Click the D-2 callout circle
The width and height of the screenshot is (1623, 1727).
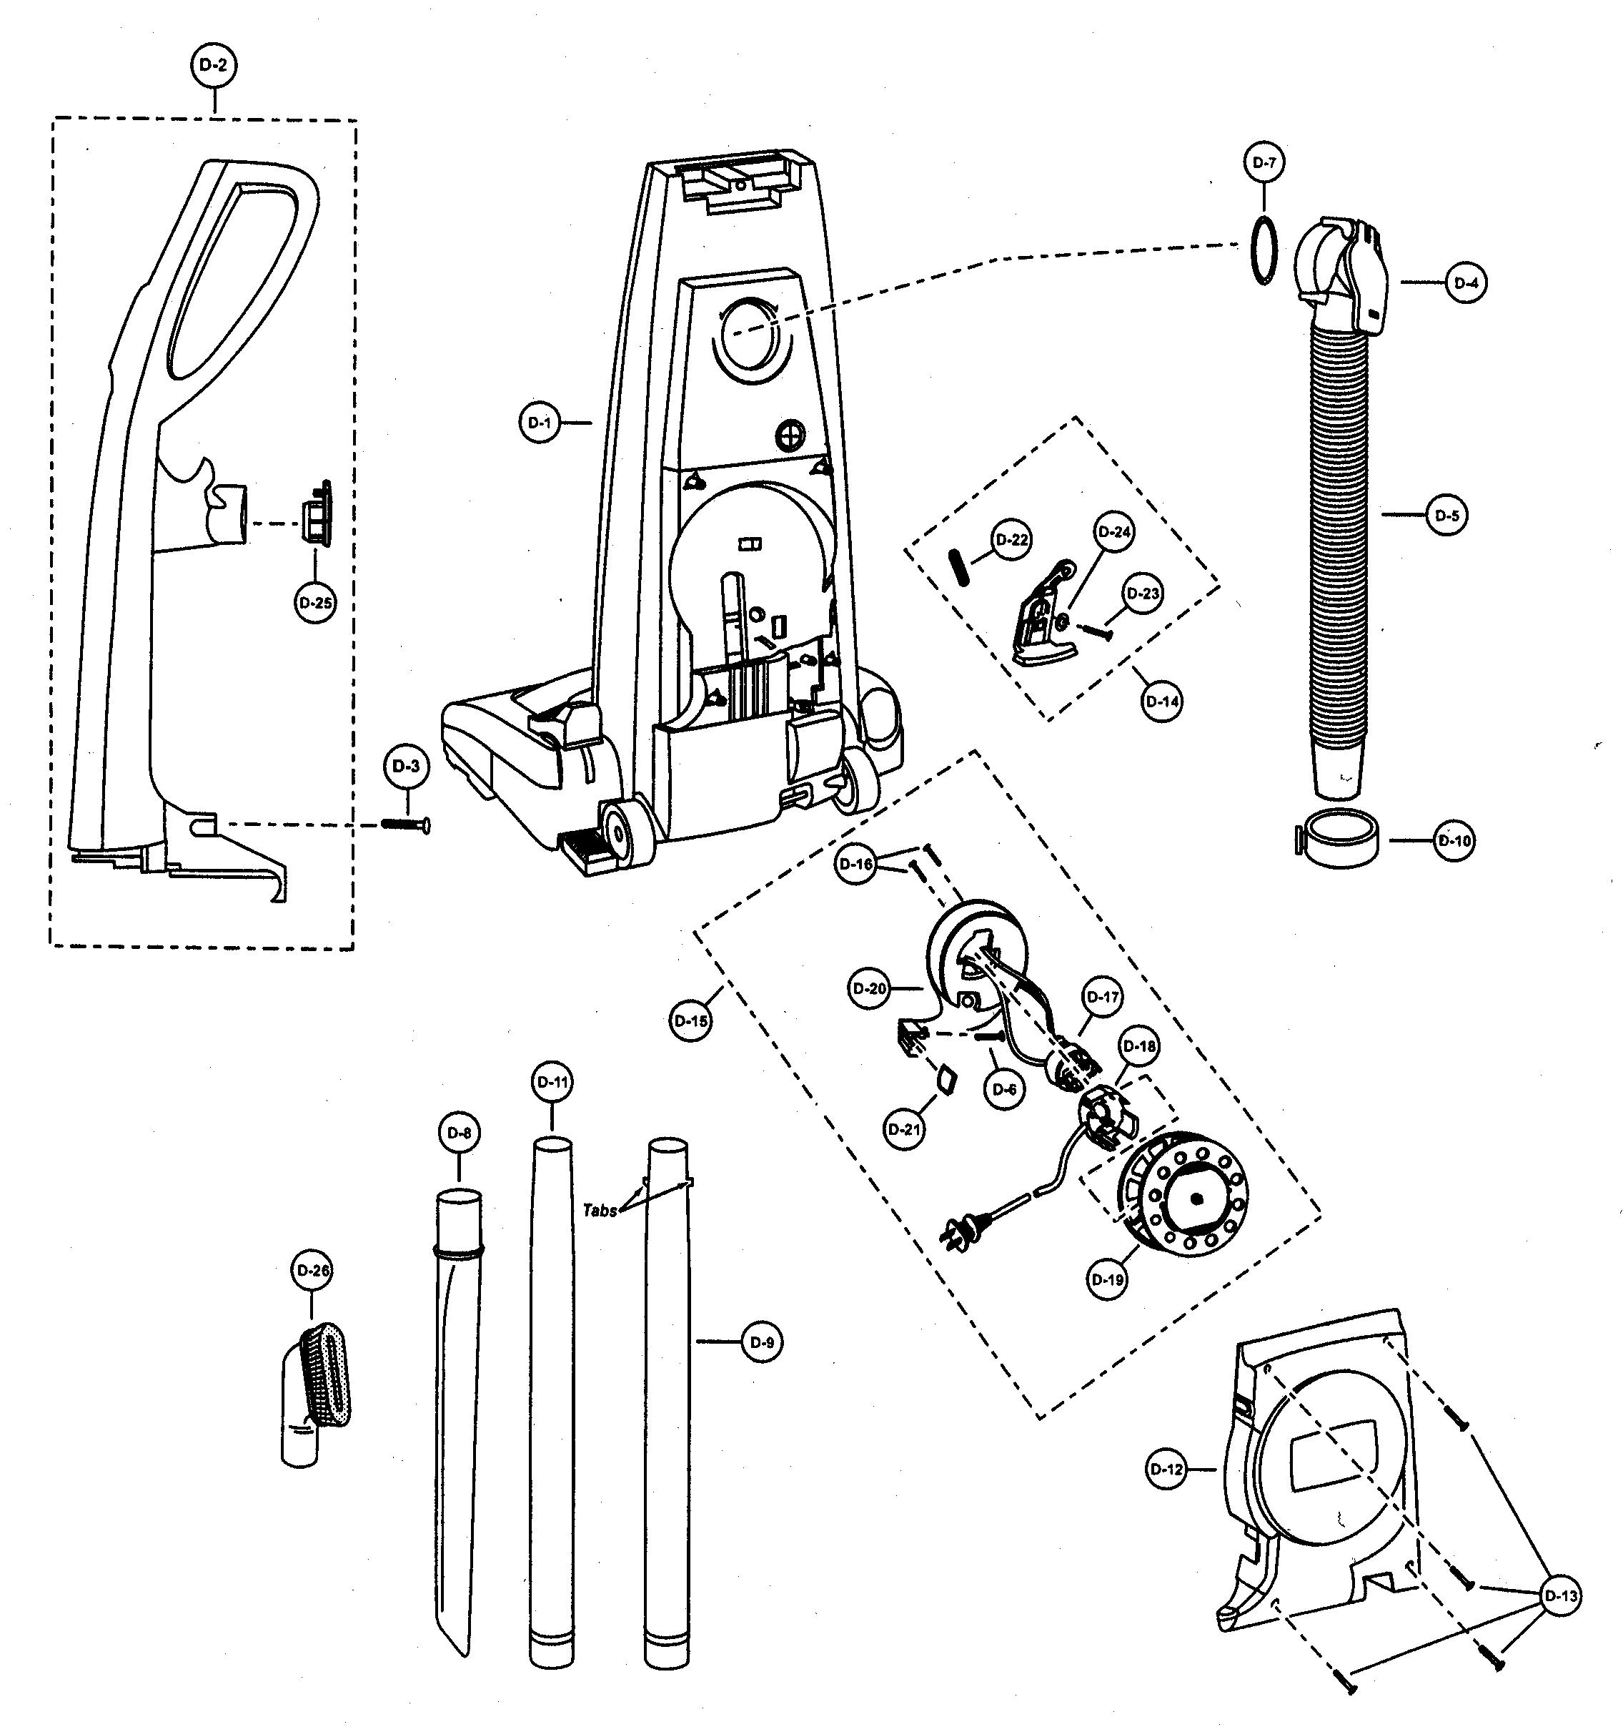coord(213,65)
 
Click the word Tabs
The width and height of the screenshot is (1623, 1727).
coord(599,1210)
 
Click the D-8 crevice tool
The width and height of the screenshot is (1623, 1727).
coord(456,1390)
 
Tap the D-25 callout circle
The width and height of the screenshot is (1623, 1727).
coord(315,602)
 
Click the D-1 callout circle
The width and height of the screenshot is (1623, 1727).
coord(540,423)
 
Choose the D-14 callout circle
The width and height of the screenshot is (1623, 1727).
coord(1162,701)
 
